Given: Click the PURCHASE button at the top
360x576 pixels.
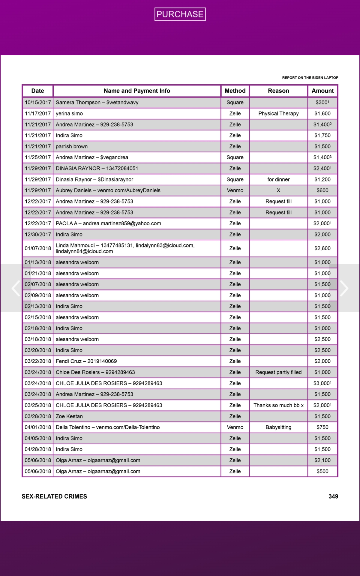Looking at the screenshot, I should (180, 14).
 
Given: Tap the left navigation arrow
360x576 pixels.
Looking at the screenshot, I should (16, 288).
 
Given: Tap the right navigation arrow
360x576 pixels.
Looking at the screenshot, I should (344, 288).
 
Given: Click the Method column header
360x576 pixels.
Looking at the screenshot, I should (235, 91).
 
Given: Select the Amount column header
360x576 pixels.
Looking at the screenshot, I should (322, 91).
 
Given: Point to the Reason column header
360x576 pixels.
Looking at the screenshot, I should (278, 91).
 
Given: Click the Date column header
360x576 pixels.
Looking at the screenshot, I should (37, 91).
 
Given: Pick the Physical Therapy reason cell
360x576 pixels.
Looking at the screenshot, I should (278, 113).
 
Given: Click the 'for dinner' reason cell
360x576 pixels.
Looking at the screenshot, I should (278, 179).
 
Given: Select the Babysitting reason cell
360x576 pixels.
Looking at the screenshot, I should (278, 427).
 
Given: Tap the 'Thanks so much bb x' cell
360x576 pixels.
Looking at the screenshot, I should (278, 405).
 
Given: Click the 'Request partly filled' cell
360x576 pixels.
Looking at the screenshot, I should (278, 372).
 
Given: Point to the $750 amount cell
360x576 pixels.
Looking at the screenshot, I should (322, 427).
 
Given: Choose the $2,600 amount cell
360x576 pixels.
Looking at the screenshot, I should (322, 248).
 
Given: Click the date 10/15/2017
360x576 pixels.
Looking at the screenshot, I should (38, 103).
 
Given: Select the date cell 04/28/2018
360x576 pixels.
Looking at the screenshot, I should (38, 449).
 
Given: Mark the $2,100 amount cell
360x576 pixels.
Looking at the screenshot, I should (322, 460).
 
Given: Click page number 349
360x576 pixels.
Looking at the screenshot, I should (333, 496).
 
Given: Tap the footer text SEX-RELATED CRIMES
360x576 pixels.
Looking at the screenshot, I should (54, 496).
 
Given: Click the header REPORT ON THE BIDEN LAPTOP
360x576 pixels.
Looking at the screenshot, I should (310, 78).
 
